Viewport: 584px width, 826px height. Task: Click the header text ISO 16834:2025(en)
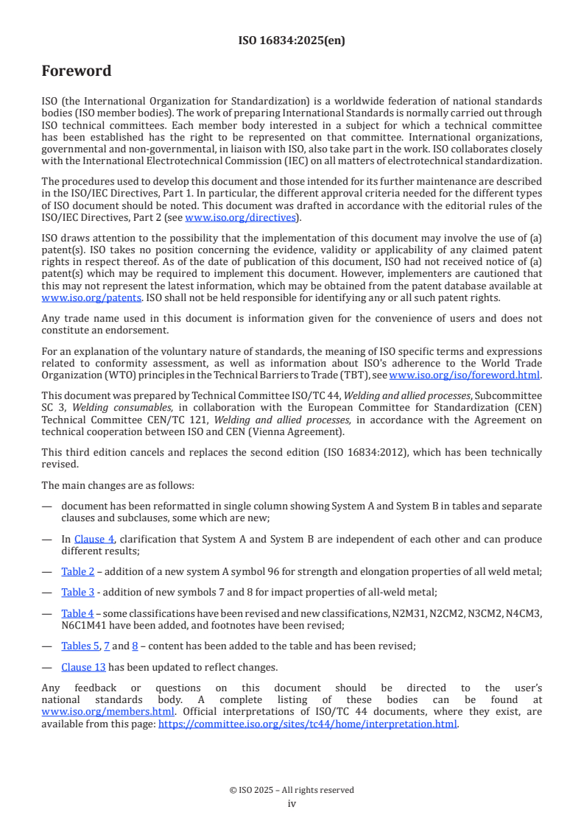(x=292, y=40)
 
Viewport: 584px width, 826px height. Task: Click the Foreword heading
(x=76, y=71)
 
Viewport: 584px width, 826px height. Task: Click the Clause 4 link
(x=88, y=539)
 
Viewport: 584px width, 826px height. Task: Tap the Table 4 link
(x=77, y=613)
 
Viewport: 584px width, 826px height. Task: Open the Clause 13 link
(x=83, y=667)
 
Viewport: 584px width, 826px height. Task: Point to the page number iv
(x=292, y=803)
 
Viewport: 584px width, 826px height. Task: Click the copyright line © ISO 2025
(x=292, y=790)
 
